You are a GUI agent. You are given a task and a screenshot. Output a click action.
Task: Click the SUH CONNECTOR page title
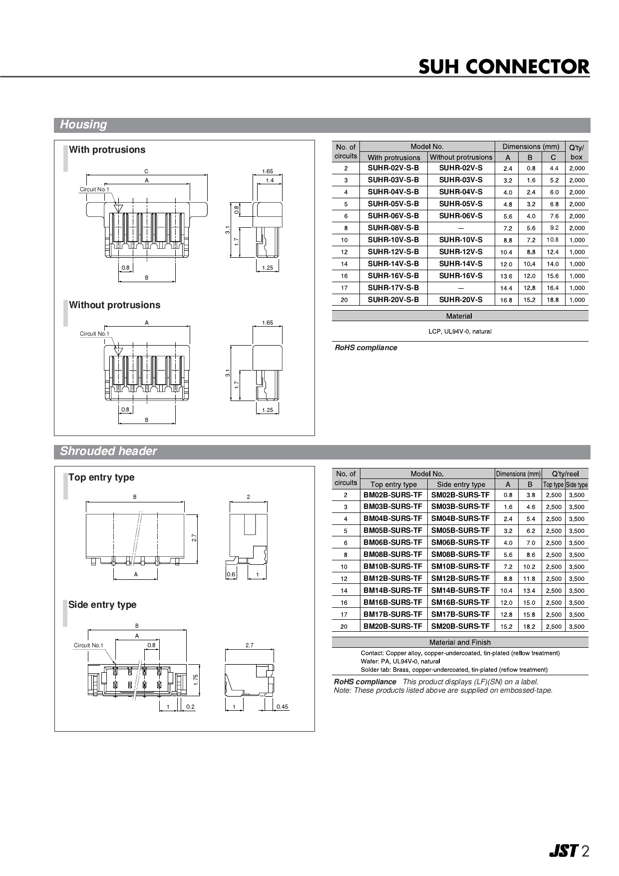tap(504, 67)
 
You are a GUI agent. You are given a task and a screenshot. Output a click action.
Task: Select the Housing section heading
tap(83, 125)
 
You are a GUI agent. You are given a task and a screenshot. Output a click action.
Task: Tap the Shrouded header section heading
tap(108, 451)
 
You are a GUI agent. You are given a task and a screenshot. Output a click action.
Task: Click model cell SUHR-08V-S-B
tap(393, 228)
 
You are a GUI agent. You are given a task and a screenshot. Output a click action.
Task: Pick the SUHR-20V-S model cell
tap(461, 300)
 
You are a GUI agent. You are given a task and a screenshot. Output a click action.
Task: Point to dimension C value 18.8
tap(553, 300)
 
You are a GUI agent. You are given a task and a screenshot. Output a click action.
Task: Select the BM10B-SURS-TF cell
tap(393, 566)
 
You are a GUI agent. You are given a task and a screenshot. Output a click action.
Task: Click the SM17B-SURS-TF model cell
tap(460, 614)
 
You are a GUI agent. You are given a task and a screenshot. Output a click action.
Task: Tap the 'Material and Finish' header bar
tap(460, 642)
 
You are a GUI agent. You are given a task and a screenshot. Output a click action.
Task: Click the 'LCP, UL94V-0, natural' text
tap(460, 332)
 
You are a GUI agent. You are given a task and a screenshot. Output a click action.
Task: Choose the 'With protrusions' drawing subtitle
tap(107, 150)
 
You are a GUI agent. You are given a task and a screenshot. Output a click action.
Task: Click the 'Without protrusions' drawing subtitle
tap(114, 305)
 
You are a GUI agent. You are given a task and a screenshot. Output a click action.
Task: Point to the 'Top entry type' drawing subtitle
tap(101, 477)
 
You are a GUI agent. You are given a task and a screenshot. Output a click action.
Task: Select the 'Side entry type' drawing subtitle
tap(102, 605)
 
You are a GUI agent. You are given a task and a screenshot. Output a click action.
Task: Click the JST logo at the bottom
tap(563, 851)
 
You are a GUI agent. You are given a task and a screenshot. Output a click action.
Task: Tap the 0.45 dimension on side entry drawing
tap(283, 707)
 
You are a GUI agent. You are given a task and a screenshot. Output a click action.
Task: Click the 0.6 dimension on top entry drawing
tap(231, 574)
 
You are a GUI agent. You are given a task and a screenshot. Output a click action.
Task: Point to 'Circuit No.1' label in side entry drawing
tap(88, 645)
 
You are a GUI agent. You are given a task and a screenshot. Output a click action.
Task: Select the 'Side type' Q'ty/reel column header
tap(577, 484)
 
